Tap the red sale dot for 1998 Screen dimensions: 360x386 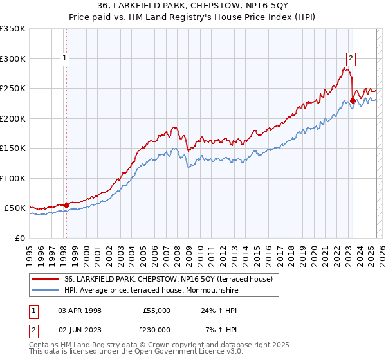click(x=66, y=205)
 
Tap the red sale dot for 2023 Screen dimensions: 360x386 click(x=353, y=100)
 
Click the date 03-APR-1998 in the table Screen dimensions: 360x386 click(x=80, y=310)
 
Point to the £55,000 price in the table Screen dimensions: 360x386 click(x=156, y=310)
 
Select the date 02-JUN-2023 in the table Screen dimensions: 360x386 click(x=80, y=330)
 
